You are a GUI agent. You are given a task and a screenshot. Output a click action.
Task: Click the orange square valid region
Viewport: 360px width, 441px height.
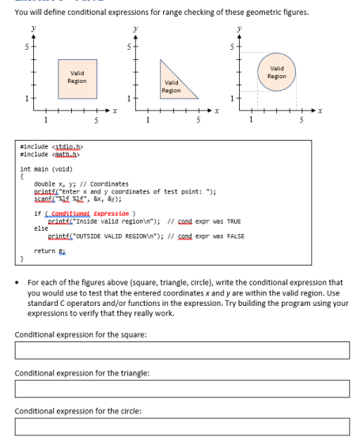78,77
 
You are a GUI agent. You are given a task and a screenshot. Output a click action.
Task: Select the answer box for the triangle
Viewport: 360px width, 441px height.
180,389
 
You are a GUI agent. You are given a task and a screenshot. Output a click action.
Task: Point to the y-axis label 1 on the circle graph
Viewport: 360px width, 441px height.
230,100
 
